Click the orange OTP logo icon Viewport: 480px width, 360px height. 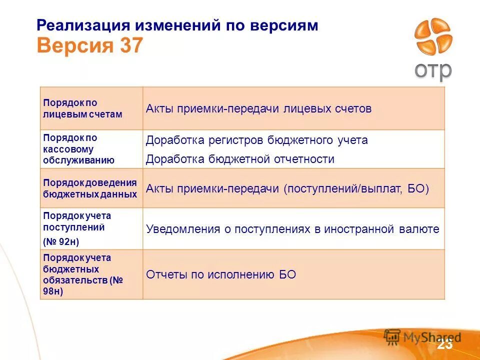pos(433,37)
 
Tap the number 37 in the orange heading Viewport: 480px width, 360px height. pos(131,46)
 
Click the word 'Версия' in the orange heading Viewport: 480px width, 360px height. pos(75,46)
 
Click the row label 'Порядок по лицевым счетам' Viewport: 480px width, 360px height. pos(82,108)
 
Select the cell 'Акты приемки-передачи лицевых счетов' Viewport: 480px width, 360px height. pos(258,109)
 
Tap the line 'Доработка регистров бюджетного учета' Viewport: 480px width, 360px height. pos(256,140)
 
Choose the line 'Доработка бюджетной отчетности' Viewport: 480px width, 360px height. pos(240,159)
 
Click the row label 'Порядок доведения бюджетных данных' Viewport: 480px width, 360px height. pos(90,188)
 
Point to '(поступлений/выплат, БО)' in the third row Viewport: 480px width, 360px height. pos(356,189)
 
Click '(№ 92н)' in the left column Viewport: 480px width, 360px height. pos(61,241)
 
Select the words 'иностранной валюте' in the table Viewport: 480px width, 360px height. pos(381,229)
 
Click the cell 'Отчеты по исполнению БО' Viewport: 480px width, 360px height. pos(221,274)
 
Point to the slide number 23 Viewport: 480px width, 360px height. pos(444,344)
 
